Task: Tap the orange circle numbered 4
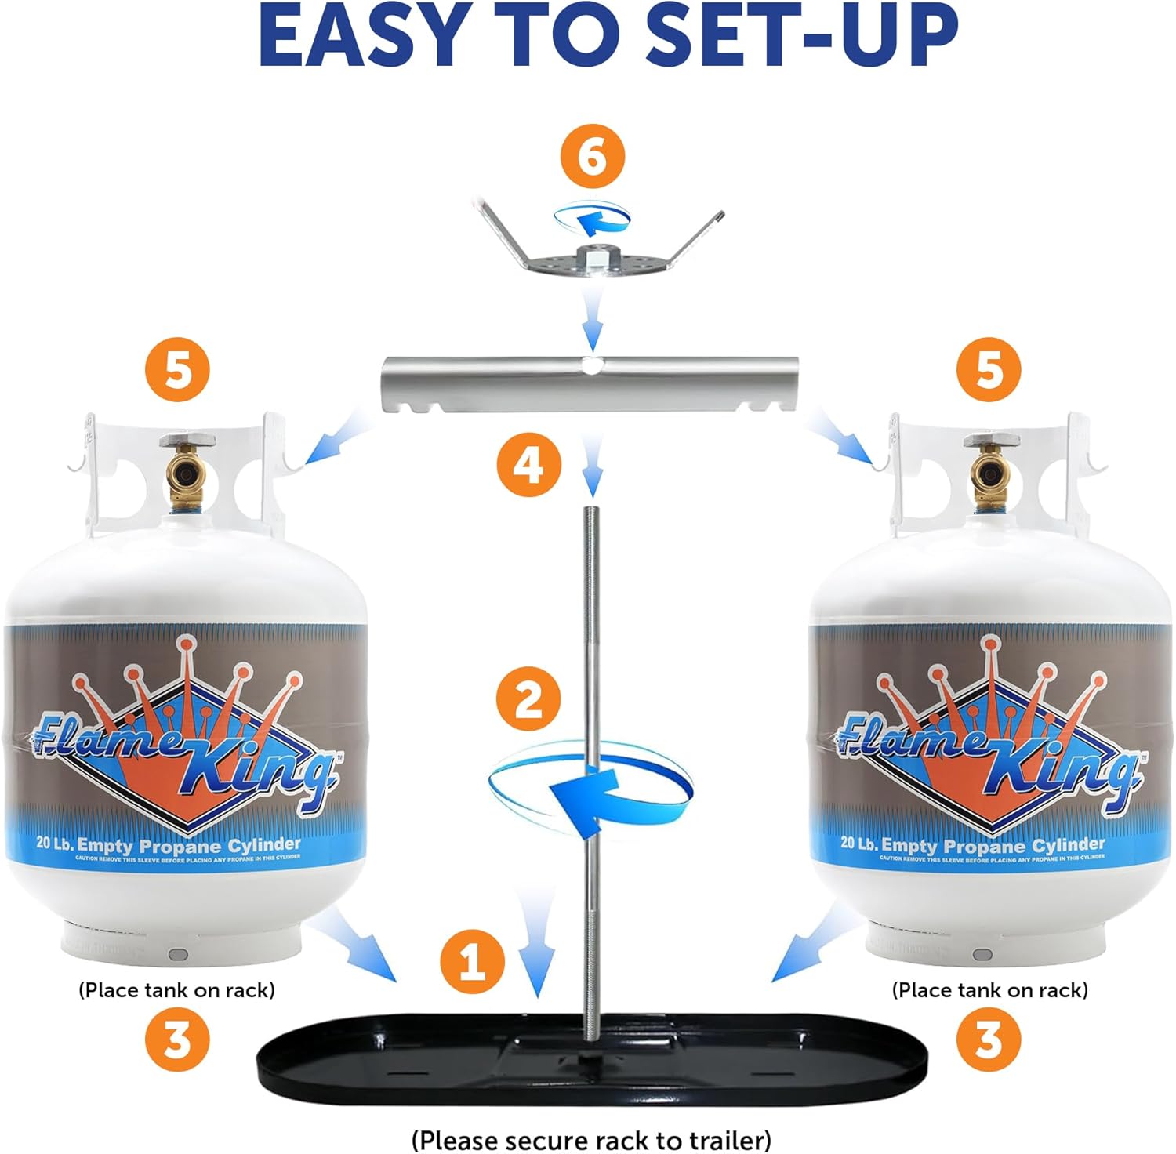click(528, 466)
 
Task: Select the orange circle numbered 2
click(528, 698)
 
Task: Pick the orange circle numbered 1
click(472, 960)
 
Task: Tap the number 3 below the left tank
click(177, 1040)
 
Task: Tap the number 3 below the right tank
click(989, 1040)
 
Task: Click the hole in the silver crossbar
click(593, 365)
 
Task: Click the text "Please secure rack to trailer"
click(591, 1139)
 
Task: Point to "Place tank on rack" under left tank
click(176, 989)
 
